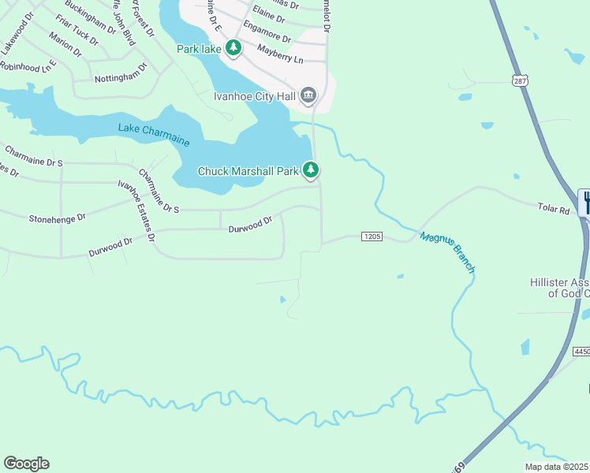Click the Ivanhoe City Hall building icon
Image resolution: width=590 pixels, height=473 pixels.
coord(308,96)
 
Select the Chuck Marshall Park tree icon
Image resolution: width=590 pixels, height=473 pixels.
coord(312,170)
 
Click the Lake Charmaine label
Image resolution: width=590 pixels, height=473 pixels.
coord(154,134)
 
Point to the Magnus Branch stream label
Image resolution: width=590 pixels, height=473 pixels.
coord(447,251)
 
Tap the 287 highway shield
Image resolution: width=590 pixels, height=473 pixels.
coord(518,80)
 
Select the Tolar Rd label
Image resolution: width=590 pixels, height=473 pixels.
coord(553,210)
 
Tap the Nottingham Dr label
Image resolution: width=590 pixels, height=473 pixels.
coord(121,76)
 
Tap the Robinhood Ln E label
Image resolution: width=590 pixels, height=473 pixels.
coord(28,66)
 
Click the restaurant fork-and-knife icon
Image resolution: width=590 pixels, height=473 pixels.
coord(585,203)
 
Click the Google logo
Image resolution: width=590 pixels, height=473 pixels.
coord(26,464)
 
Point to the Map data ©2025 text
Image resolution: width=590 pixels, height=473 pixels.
coord(557,467)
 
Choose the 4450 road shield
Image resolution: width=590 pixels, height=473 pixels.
coord(581,351)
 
